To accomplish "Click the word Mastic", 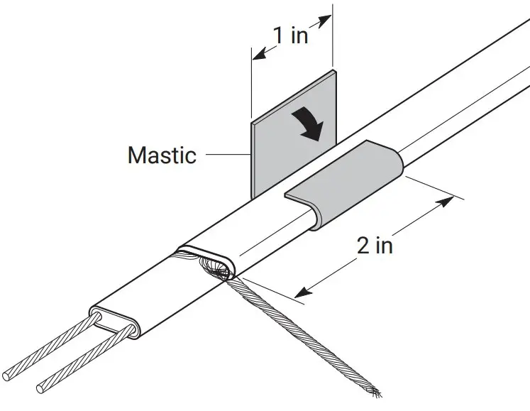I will pyautogui.click(x=162, y=154).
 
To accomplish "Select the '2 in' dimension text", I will pyautogui.click(x=374, y=245).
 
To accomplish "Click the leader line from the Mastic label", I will pyautogui.click(x=225, y=154).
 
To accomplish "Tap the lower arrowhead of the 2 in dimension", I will pyautogui.click(x=301, y=291).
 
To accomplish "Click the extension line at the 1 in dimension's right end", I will pyautogui.click(x=332, y=43).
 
